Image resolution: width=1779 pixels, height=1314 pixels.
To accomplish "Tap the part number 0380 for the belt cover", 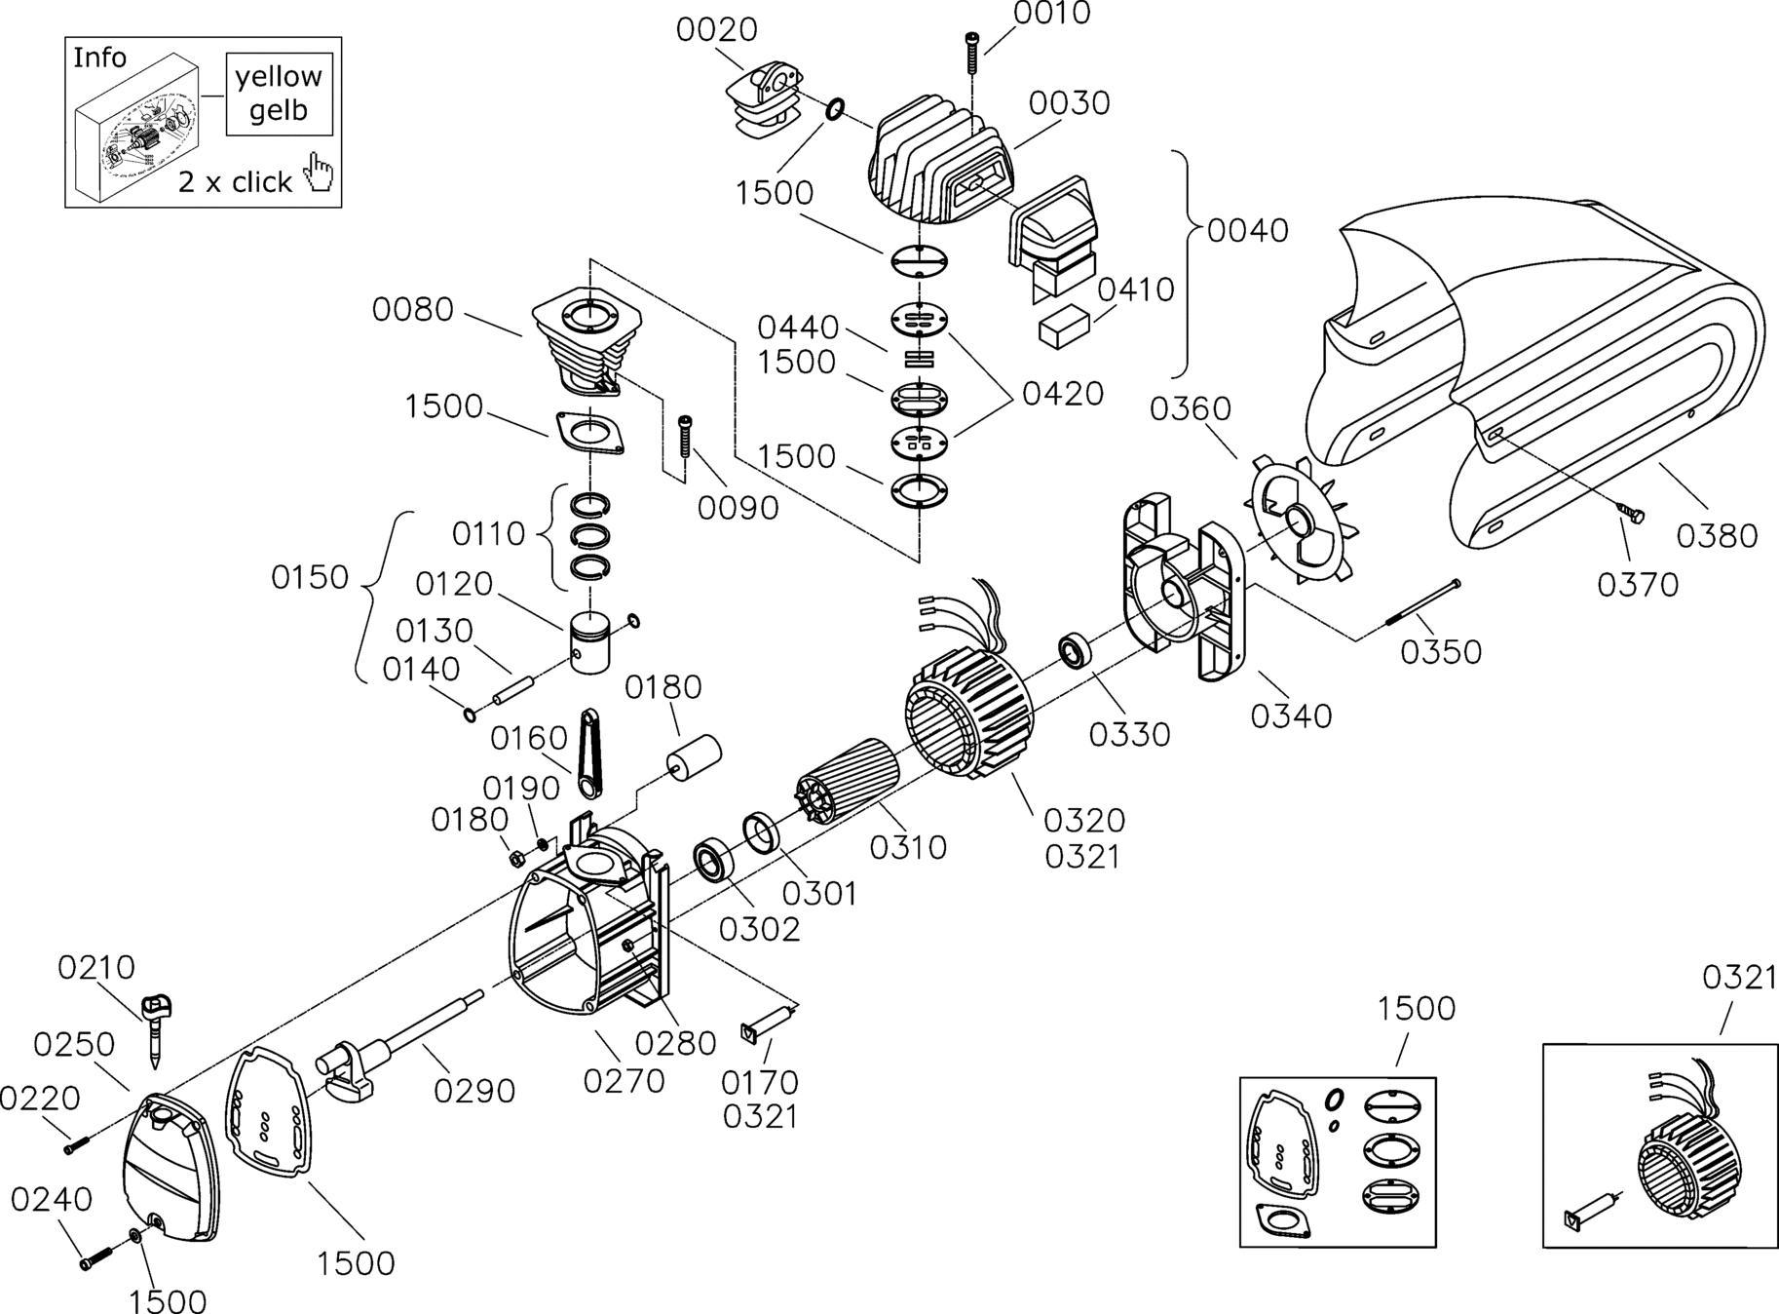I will (1717, 535).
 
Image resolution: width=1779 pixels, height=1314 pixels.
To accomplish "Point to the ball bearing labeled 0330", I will (1076, 651).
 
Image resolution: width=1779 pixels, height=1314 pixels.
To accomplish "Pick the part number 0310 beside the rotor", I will (908, 847).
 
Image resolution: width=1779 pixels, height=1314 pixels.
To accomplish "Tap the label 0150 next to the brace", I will (310, 577).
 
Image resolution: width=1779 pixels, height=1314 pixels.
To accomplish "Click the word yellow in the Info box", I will (279, 77).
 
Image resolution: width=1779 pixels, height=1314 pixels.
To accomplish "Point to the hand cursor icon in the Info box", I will (318, 173).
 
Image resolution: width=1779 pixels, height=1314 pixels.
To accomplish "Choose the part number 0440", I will (798, 327).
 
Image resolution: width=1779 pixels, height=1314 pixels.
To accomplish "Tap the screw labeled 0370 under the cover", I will (1632, 513).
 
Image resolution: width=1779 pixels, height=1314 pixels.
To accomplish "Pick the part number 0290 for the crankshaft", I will (474, 1091).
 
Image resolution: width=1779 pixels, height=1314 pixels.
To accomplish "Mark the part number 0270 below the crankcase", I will (624, 1080).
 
